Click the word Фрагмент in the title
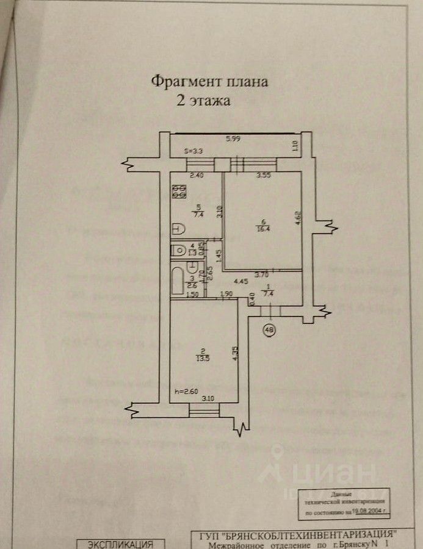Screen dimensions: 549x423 point(178,82)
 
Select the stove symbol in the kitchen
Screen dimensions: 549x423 point(179,192)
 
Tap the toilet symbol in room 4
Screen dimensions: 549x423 point(179,249)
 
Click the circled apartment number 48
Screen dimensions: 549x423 point(268,331)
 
